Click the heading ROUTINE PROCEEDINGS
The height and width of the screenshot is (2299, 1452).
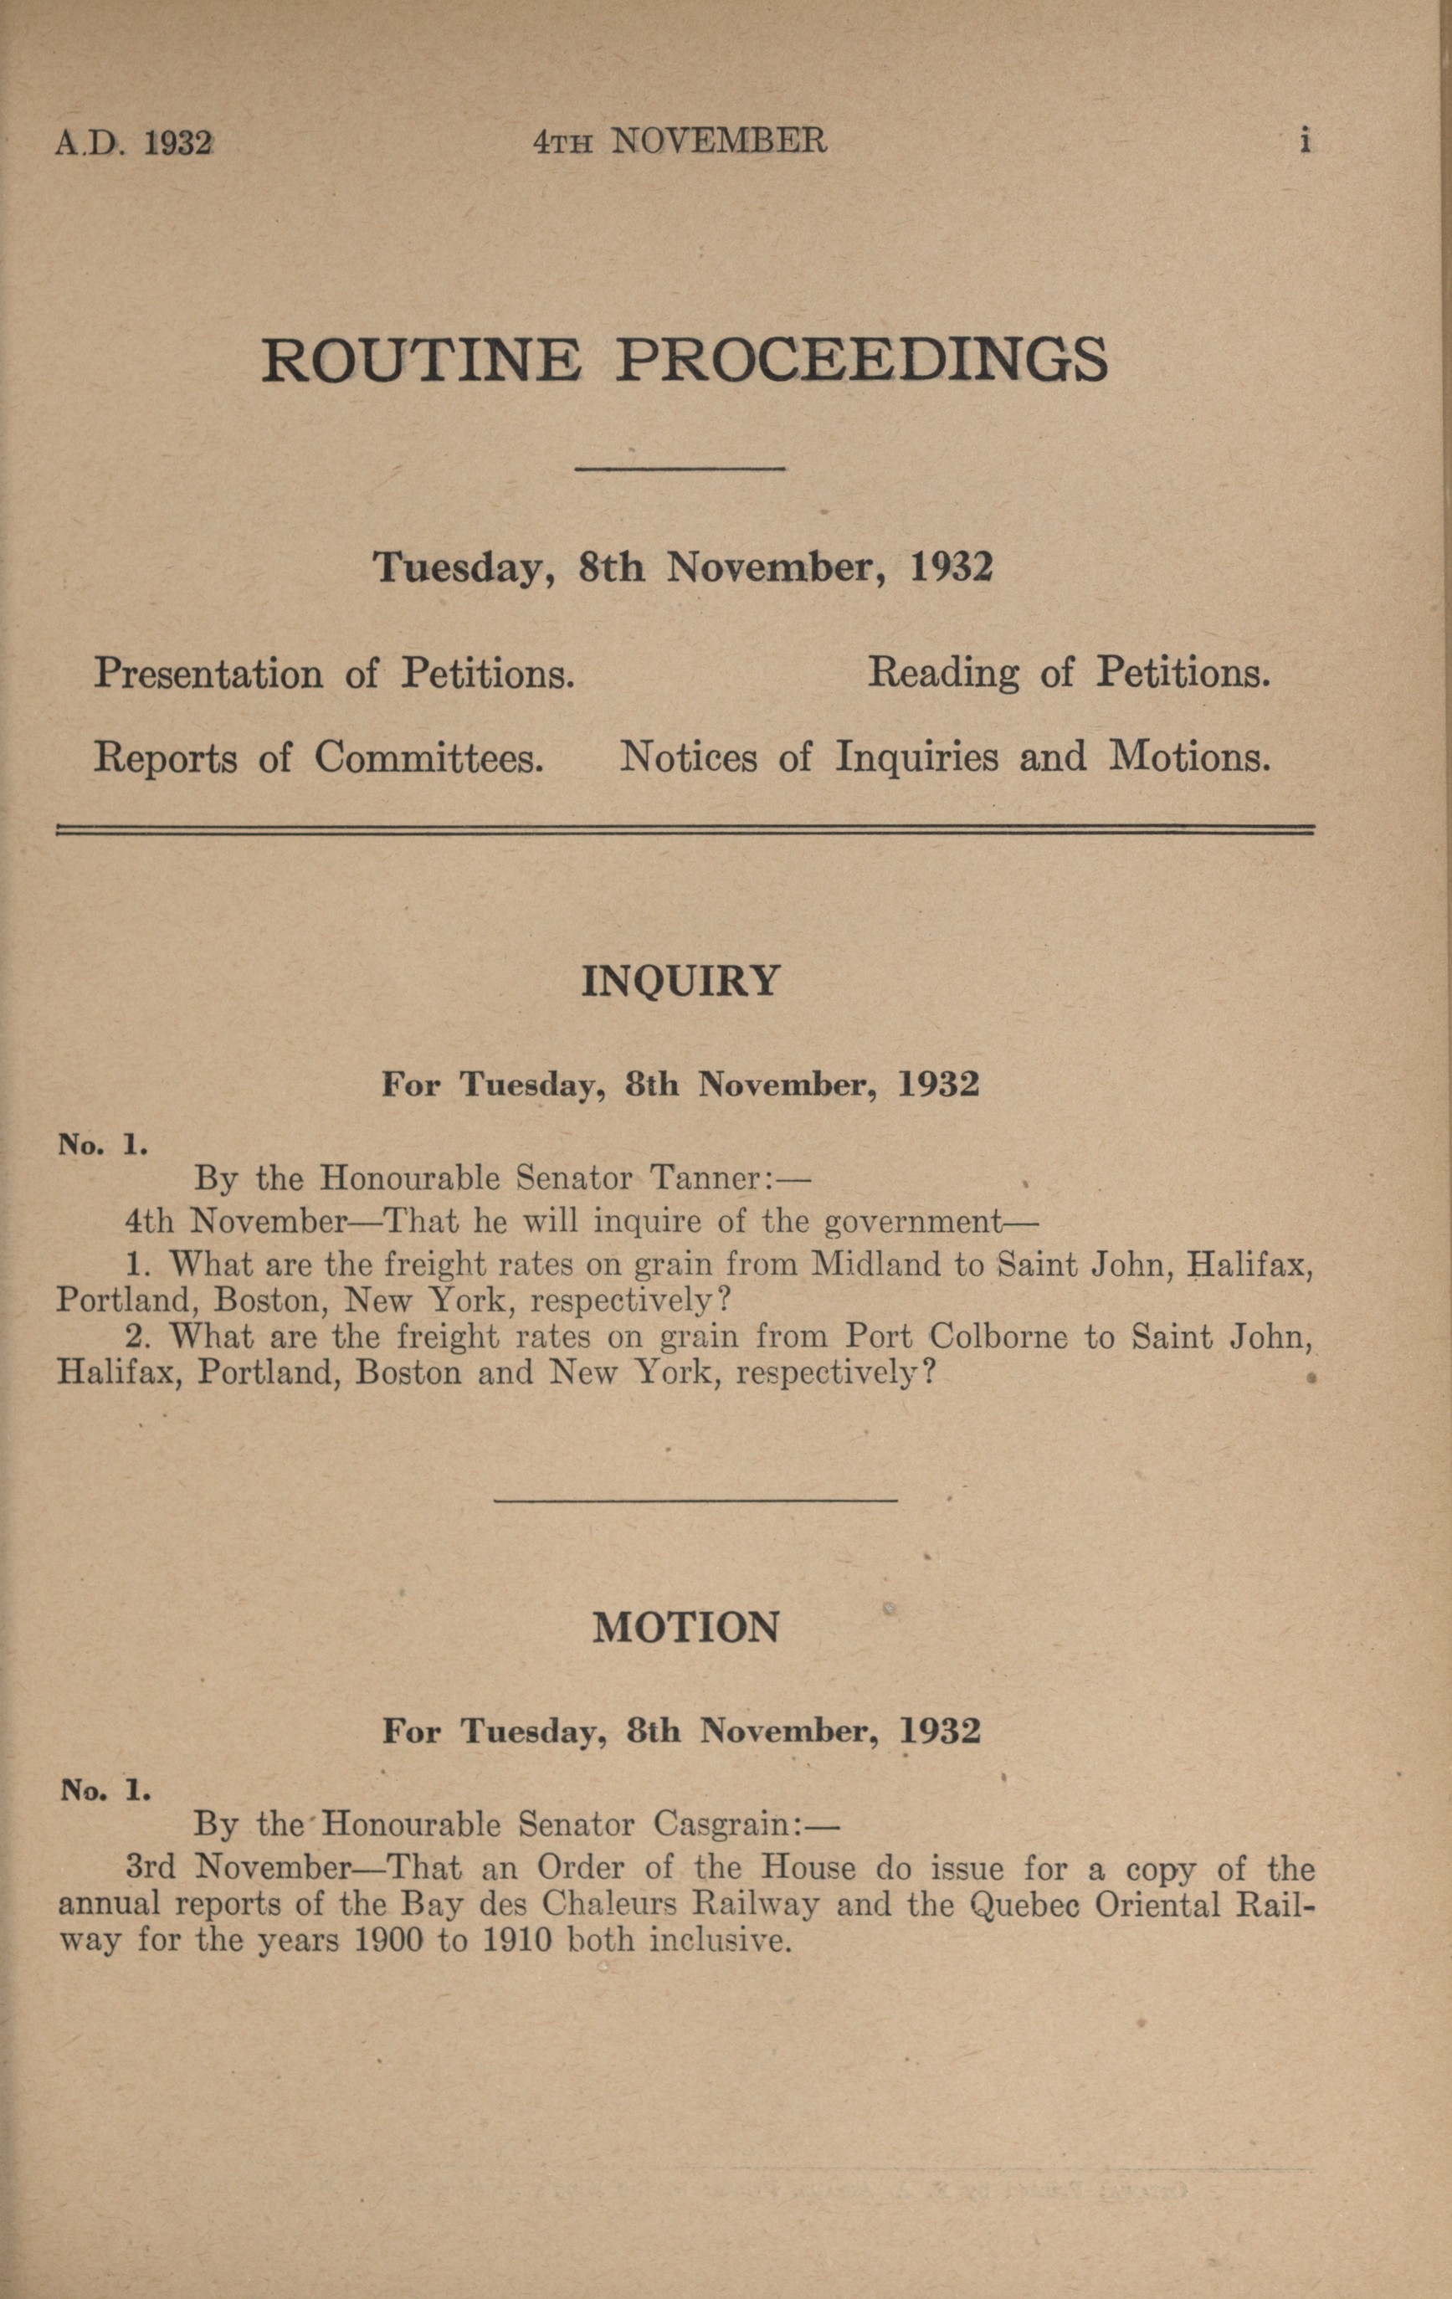click(685, 360)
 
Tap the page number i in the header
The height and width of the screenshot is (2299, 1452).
click(1304, 141)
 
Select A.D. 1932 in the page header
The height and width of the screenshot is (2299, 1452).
click(134, 143)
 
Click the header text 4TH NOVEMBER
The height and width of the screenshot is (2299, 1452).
click(680, 142)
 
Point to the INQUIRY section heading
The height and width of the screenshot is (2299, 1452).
click(680, 981)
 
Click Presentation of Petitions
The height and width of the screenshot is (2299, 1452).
click(334, 674)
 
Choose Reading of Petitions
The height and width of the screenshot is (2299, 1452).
click(1068, 674)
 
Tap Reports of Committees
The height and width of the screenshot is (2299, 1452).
click(319, 758)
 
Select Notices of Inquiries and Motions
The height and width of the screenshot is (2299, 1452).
click(945, 758)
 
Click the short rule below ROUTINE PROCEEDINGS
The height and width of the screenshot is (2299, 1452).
click(680, 469)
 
